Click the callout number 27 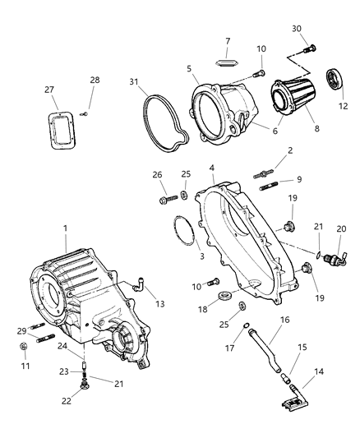(49, 90)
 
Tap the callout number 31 (134, 81)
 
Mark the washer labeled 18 (224, 294)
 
